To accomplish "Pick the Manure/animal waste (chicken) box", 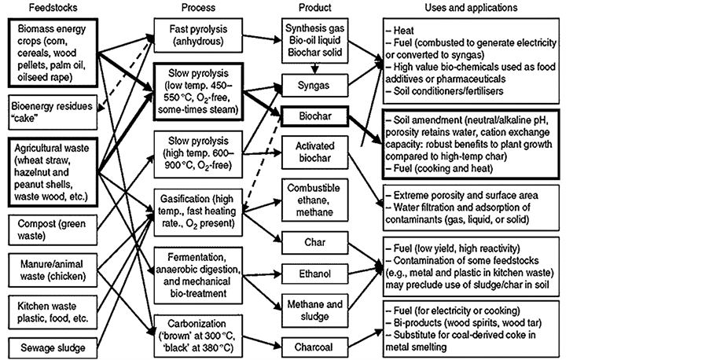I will tap(50, 267).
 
